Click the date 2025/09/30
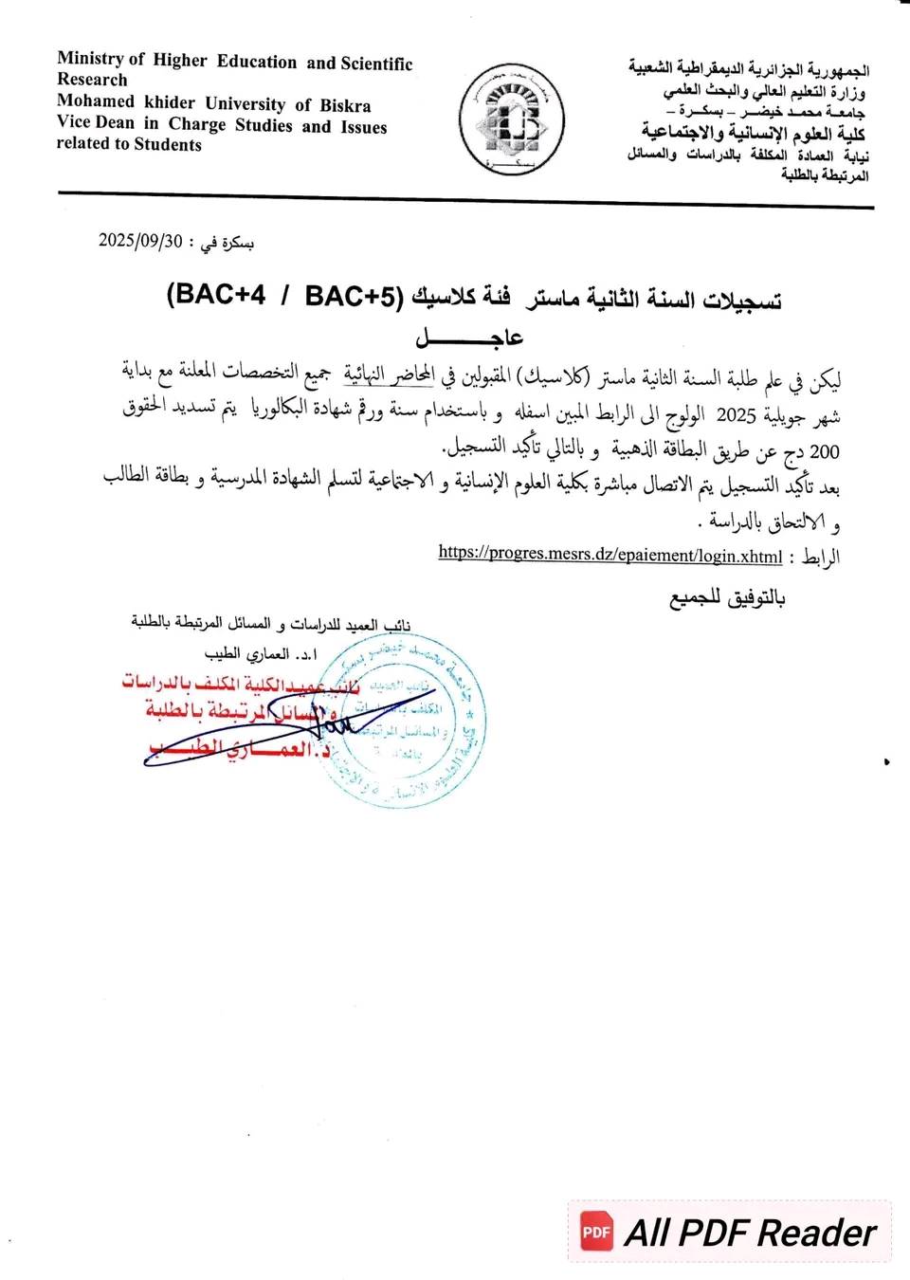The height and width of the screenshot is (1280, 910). click(140, 241)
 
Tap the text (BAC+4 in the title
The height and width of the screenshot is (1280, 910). click(215, 294)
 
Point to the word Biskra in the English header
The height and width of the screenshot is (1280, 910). click(345, 105)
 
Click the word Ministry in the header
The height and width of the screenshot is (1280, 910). click(90, 59)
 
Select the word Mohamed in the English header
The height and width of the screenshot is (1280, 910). click(96, 101)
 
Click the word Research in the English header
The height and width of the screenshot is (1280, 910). click(92, 80)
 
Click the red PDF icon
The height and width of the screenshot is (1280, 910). click(596, 1232)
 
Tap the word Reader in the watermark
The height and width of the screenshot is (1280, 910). click(817, 1233)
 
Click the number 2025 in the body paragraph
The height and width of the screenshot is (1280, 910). click(736, 415)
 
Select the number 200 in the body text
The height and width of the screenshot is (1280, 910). click(825, 452)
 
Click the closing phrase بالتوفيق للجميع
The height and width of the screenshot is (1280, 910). click(728, 598)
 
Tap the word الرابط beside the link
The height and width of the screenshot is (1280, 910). click(820, 557)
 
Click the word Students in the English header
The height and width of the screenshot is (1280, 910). click(168, 145)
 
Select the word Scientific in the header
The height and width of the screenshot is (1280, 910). click(376, 64)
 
